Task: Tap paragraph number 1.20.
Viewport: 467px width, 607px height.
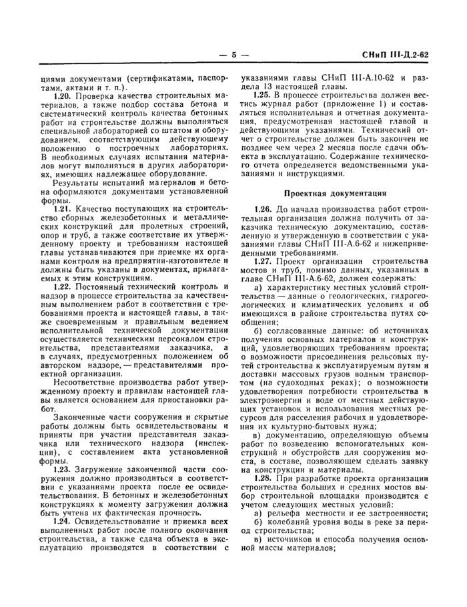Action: tap(61, 96)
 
